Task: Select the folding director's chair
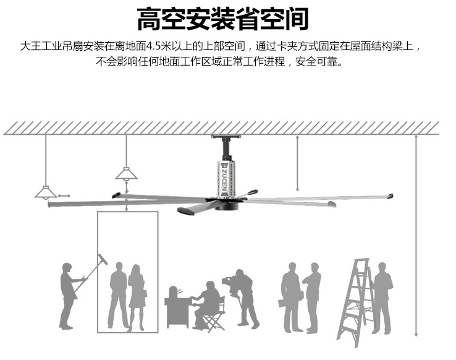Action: coord(214,314)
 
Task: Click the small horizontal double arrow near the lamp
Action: coord(64,196)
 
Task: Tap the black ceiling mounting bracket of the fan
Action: coord(226,147)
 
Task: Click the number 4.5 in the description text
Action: coord(154,46)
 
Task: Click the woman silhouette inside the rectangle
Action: coord(137,298)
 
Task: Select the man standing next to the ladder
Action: coord(383,298)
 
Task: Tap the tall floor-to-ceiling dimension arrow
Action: coord(416,236)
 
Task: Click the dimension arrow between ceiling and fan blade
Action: coord(297,163)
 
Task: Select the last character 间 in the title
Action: coord(297,19)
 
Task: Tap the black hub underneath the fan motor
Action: coord(227,207)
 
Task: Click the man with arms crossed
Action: coord(312,298)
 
